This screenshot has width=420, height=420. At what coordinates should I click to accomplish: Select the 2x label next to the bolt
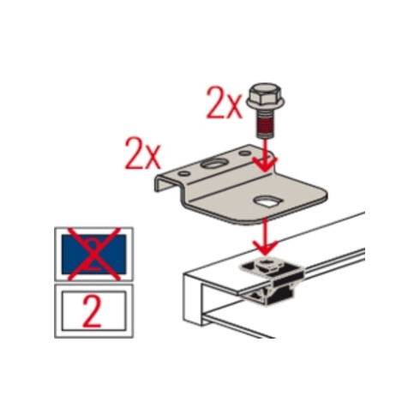click(x=225, y=104)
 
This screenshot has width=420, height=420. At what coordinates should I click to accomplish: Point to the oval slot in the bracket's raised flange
click(x=213, y=164)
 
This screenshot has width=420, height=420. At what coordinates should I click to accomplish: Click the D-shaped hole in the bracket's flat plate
click(x=268, y=201)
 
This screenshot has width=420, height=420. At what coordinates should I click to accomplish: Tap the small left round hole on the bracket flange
click(x=184, y=173)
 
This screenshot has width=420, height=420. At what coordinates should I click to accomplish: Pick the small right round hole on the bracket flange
click(x=245, y=153)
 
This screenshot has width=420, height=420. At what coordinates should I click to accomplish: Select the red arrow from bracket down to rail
click(x=266, y=237)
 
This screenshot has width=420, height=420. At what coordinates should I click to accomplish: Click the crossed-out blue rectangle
click(x=93, y=254)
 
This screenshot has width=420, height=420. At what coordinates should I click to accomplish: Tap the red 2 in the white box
click(x=92, y=311)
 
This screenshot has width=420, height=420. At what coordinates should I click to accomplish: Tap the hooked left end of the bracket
click(x=165, y=182)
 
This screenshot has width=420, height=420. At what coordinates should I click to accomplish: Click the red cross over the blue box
click(x=93, y=254)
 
